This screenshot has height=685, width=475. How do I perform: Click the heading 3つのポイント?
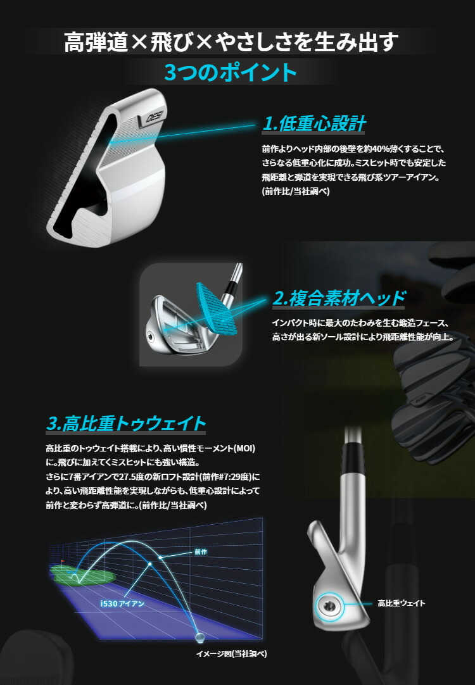[230, 72]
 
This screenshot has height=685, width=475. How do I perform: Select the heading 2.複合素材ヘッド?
[338, 298]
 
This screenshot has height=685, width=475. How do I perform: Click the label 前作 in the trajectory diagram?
[201, 552]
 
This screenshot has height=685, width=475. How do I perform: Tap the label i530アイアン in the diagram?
[122, 604]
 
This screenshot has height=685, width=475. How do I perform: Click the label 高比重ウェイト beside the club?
[401, 603]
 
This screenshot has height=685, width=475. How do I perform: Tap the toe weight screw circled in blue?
[328, 605]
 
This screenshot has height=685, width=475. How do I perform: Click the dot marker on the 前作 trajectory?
[161, 557]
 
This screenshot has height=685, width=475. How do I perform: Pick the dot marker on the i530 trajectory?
[150, 563]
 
